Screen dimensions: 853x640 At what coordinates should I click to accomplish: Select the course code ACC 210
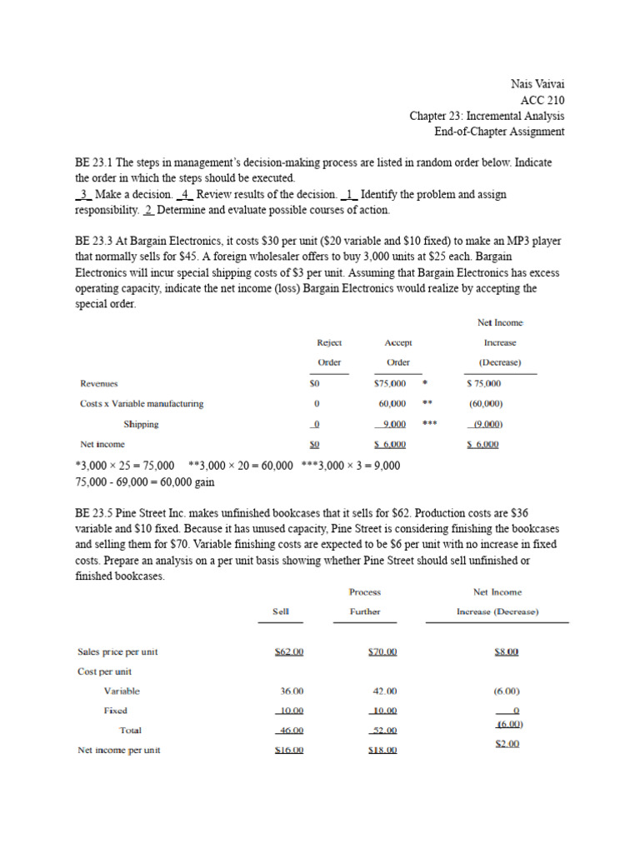pyautogui.click(x=542, y=100)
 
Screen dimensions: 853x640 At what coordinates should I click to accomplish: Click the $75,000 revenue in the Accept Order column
pyautogui.click(x=390, y=383)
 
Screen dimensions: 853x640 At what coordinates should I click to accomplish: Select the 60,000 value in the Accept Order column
pyautogui.click(x=392, y=404)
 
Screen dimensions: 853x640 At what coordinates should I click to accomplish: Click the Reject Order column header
pyautogui.click(x=329, y=352)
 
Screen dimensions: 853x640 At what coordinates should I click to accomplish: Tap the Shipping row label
pyautogui.click(x=141, y=424)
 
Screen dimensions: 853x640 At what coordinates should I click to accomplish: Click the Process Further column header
pyautogui.click(x=365, y=601)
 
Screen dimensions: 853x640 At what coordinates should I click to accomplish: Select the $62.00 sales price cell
pyautogui.click(x=288, y=651)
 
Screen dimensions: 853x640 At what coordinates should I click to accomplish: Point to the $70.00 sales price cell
pyautogui.click(x=382, y=651)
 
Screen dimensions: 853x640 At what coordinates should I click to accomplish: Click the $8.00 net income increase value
pyautogui.click(x=506, y=651)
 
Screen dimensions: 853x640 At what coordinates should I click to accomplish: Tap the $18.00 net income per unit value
pyautogui.click(x=382, y=750)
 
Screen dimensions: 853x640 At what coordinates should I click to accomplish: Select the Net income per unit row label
pyautogui.click(x=119, y=750)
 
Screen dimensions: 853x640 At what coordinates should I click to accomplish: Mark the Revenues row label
pyautogui.click(x=98, y=383)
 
